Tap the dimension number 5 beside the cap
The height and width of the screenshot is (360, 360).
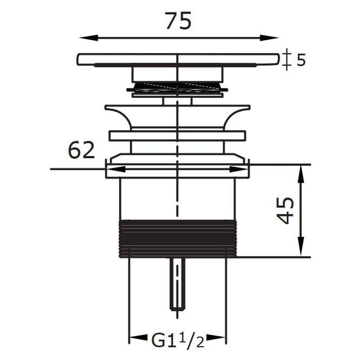pyautogui.click(x=301, y=60)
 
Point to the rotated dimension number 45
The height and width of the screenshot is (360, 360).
pyautogui.click(x=285, y=211)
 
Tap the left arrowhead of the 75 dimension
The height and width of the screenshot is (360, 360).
pyautogui.click(x=89, y=38)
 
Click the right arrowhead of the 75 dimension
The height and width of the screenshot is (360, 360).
pyautogui.click(x=269, y=38)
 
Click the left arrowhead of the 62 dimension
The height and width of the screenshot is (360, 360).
pyautogui.click(x=116, y=169)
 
